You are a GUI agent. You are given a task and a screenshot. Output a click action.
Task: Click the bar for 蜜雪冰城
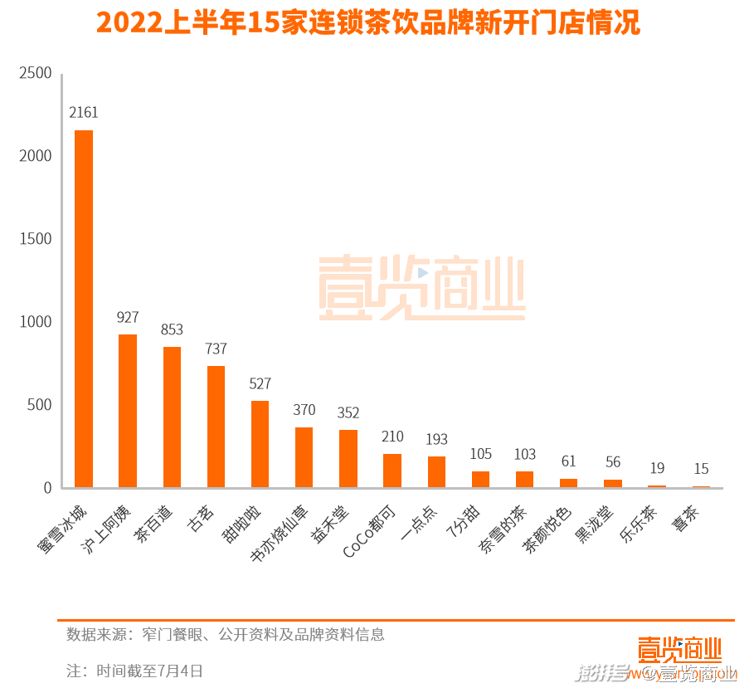[x=84, y=309]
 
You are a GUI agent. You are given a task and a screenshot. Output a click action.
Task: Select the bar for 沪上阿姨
[x=128, y=411]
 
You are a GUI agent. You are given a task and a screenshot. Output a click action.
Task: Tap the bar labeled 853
[x=172, y=417]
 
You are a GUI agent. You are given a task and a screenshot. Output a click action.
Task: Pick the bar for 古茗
[x=216, y=427]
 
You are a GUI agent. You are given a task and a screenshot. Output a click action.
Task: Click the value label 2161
[x=84, y=113]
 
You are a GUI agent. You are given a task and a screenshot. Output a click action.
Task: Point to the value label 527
[x=260, y=383]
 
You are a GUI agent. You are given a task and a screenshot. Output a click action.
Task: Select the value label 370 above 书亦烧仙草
[x=304, y=410]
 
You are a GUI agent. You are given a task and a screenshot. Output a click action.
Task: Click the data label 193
[x=436, y=439]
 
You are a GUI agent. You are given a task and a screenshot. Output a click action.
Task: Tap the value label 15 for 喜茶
[x=701, y=469]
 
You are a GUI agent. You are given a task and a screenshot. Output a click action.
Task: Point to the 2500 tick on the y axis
[x=36, y=73]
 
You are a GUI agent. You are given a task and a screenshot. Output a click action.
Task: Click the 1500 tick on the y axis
[x=36, y=239]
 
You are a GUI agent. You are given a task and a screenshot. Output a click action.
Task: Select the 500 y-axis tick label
[x=39, y=405]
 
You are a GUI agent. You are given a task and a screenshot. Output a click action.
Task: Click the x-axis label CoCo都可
[x=372, y=529]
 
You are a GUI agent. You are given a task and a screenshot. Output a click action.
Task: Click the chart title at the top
[x=368, y=23]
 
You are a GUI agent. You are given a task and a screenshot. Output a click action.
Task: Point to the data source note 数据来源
[x=226, y=635]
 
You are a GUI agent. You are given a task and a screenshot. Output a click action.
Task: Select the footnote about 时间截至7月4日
[x=134, y=671]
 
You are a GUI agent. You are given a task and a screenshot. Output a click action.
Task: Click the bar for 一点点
[x=436, y=471]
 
